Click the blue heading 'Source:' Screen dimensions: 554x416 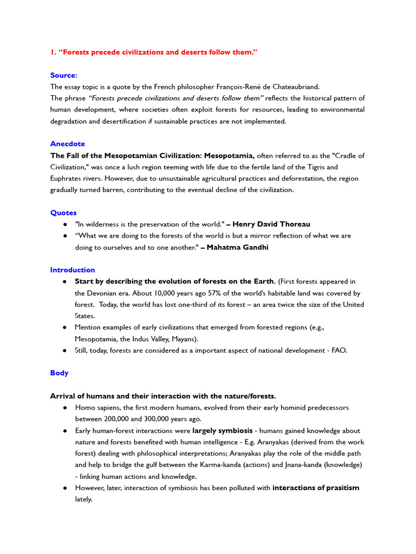[x=64, y=75]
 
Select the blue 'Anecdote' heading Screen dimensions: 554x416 [x=68, y=144]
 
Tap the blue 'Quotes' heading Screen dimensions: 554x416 [x=63, y=213]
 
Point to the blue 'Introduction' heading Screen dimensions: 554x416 [x=73, y=270]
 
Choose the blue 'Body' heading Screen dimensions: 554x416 [x=60, y=373]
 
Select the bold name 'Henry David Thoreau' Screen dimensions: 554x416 [x=271, y=224]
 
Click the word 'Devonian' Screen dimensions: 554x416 [x=101, y=293]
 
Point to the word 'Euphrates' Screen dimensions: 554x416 [x=67, y=179]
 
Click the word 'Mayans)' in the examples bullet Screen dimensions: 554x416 [x=185, y=339]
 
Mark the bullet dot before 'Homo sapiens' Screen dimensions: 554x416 [x=65, y=407]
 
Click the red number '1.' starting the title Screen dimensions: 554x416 [x=53, y=52]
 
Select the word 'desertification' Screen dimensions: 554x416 [x=123, y=121]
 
